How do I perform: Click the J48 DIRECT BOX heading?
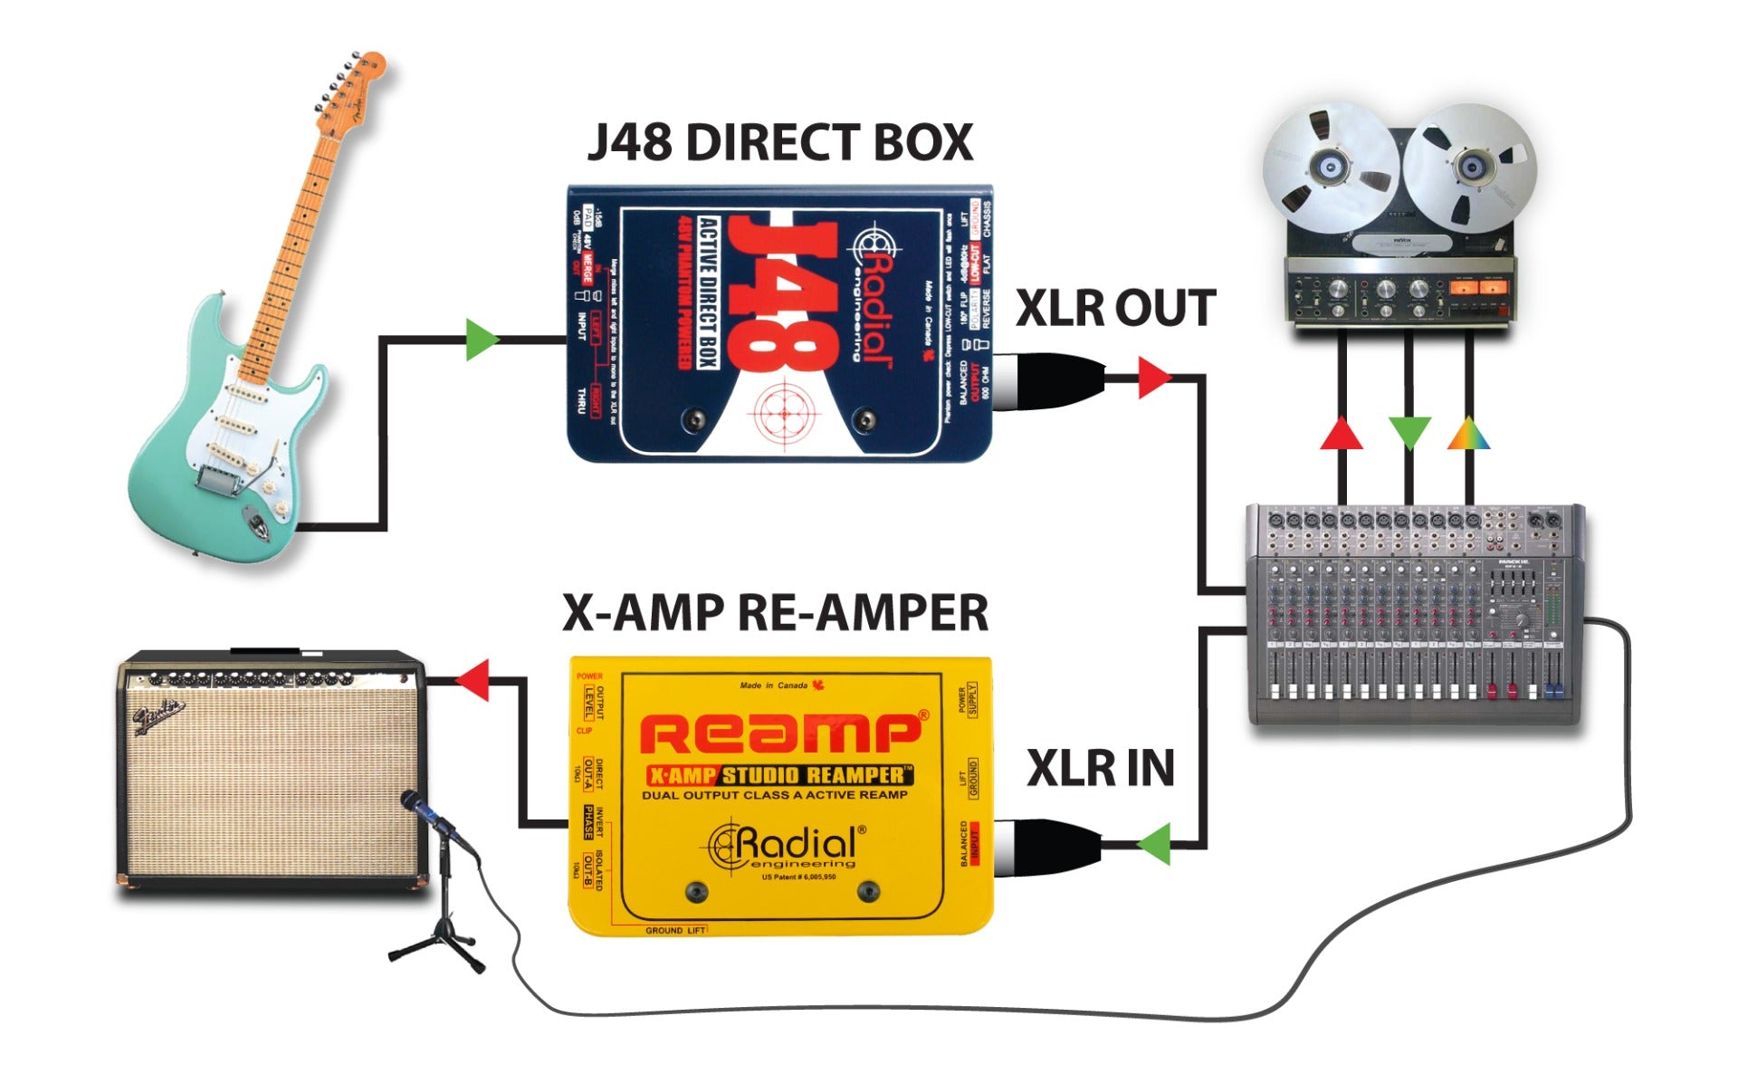[779, 143]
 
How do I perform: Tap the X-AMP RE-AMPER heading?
[775, 613]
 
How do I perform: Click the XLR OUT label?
[1115, 309]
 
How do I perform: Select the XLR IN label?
[1100, 769]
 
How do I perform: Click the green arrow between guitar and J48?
[481, 340]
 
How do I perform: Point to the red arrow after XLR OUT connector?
[1153, 377]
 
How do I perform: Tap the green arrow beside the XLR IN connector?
[1155, 844]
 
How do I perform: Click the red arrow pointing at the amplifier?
[473, 679]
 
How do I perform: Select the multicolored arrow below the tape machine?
[1468, 434]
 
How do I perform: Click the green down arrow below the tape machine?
[1409, 433]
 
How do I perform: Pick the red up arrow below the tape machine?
[1342, 433]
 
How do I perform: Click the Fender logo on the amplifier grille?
[160, 715]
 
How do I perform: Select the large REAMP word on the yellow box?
[784, 734]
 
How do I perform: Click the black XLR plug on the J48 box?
[1050, 379]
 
